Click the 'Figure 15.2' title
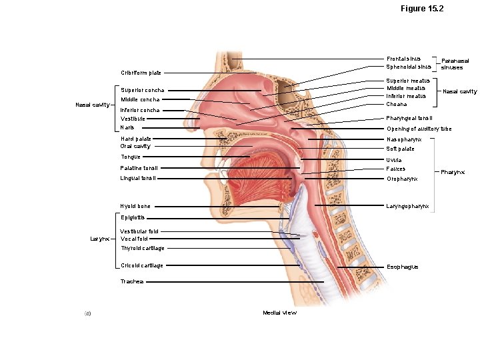(422, 9)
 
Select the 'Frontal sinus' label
(403, 59)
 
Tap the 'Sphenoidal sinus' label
(409, 67)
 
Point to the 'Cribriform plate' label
(141, 73)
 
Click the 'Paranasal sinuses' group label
(455, 64)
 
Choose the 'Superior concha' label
(142, 90)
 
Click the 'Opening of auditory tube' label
(419, 129)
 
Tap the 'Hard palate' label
(135, 139)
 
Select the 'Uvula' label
(394, 160)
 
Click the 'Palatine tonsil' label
(139, 168)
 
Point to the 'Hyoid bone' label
(135, 207)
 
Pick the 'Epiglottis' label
(133, 217)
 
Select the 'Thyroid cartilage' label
(143, 248)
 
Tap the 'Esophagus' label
(403, 267)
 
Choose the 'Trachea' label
(131, 282)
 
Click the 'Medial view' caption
(279, 313)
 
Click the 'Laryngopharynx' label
(408, 206)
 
